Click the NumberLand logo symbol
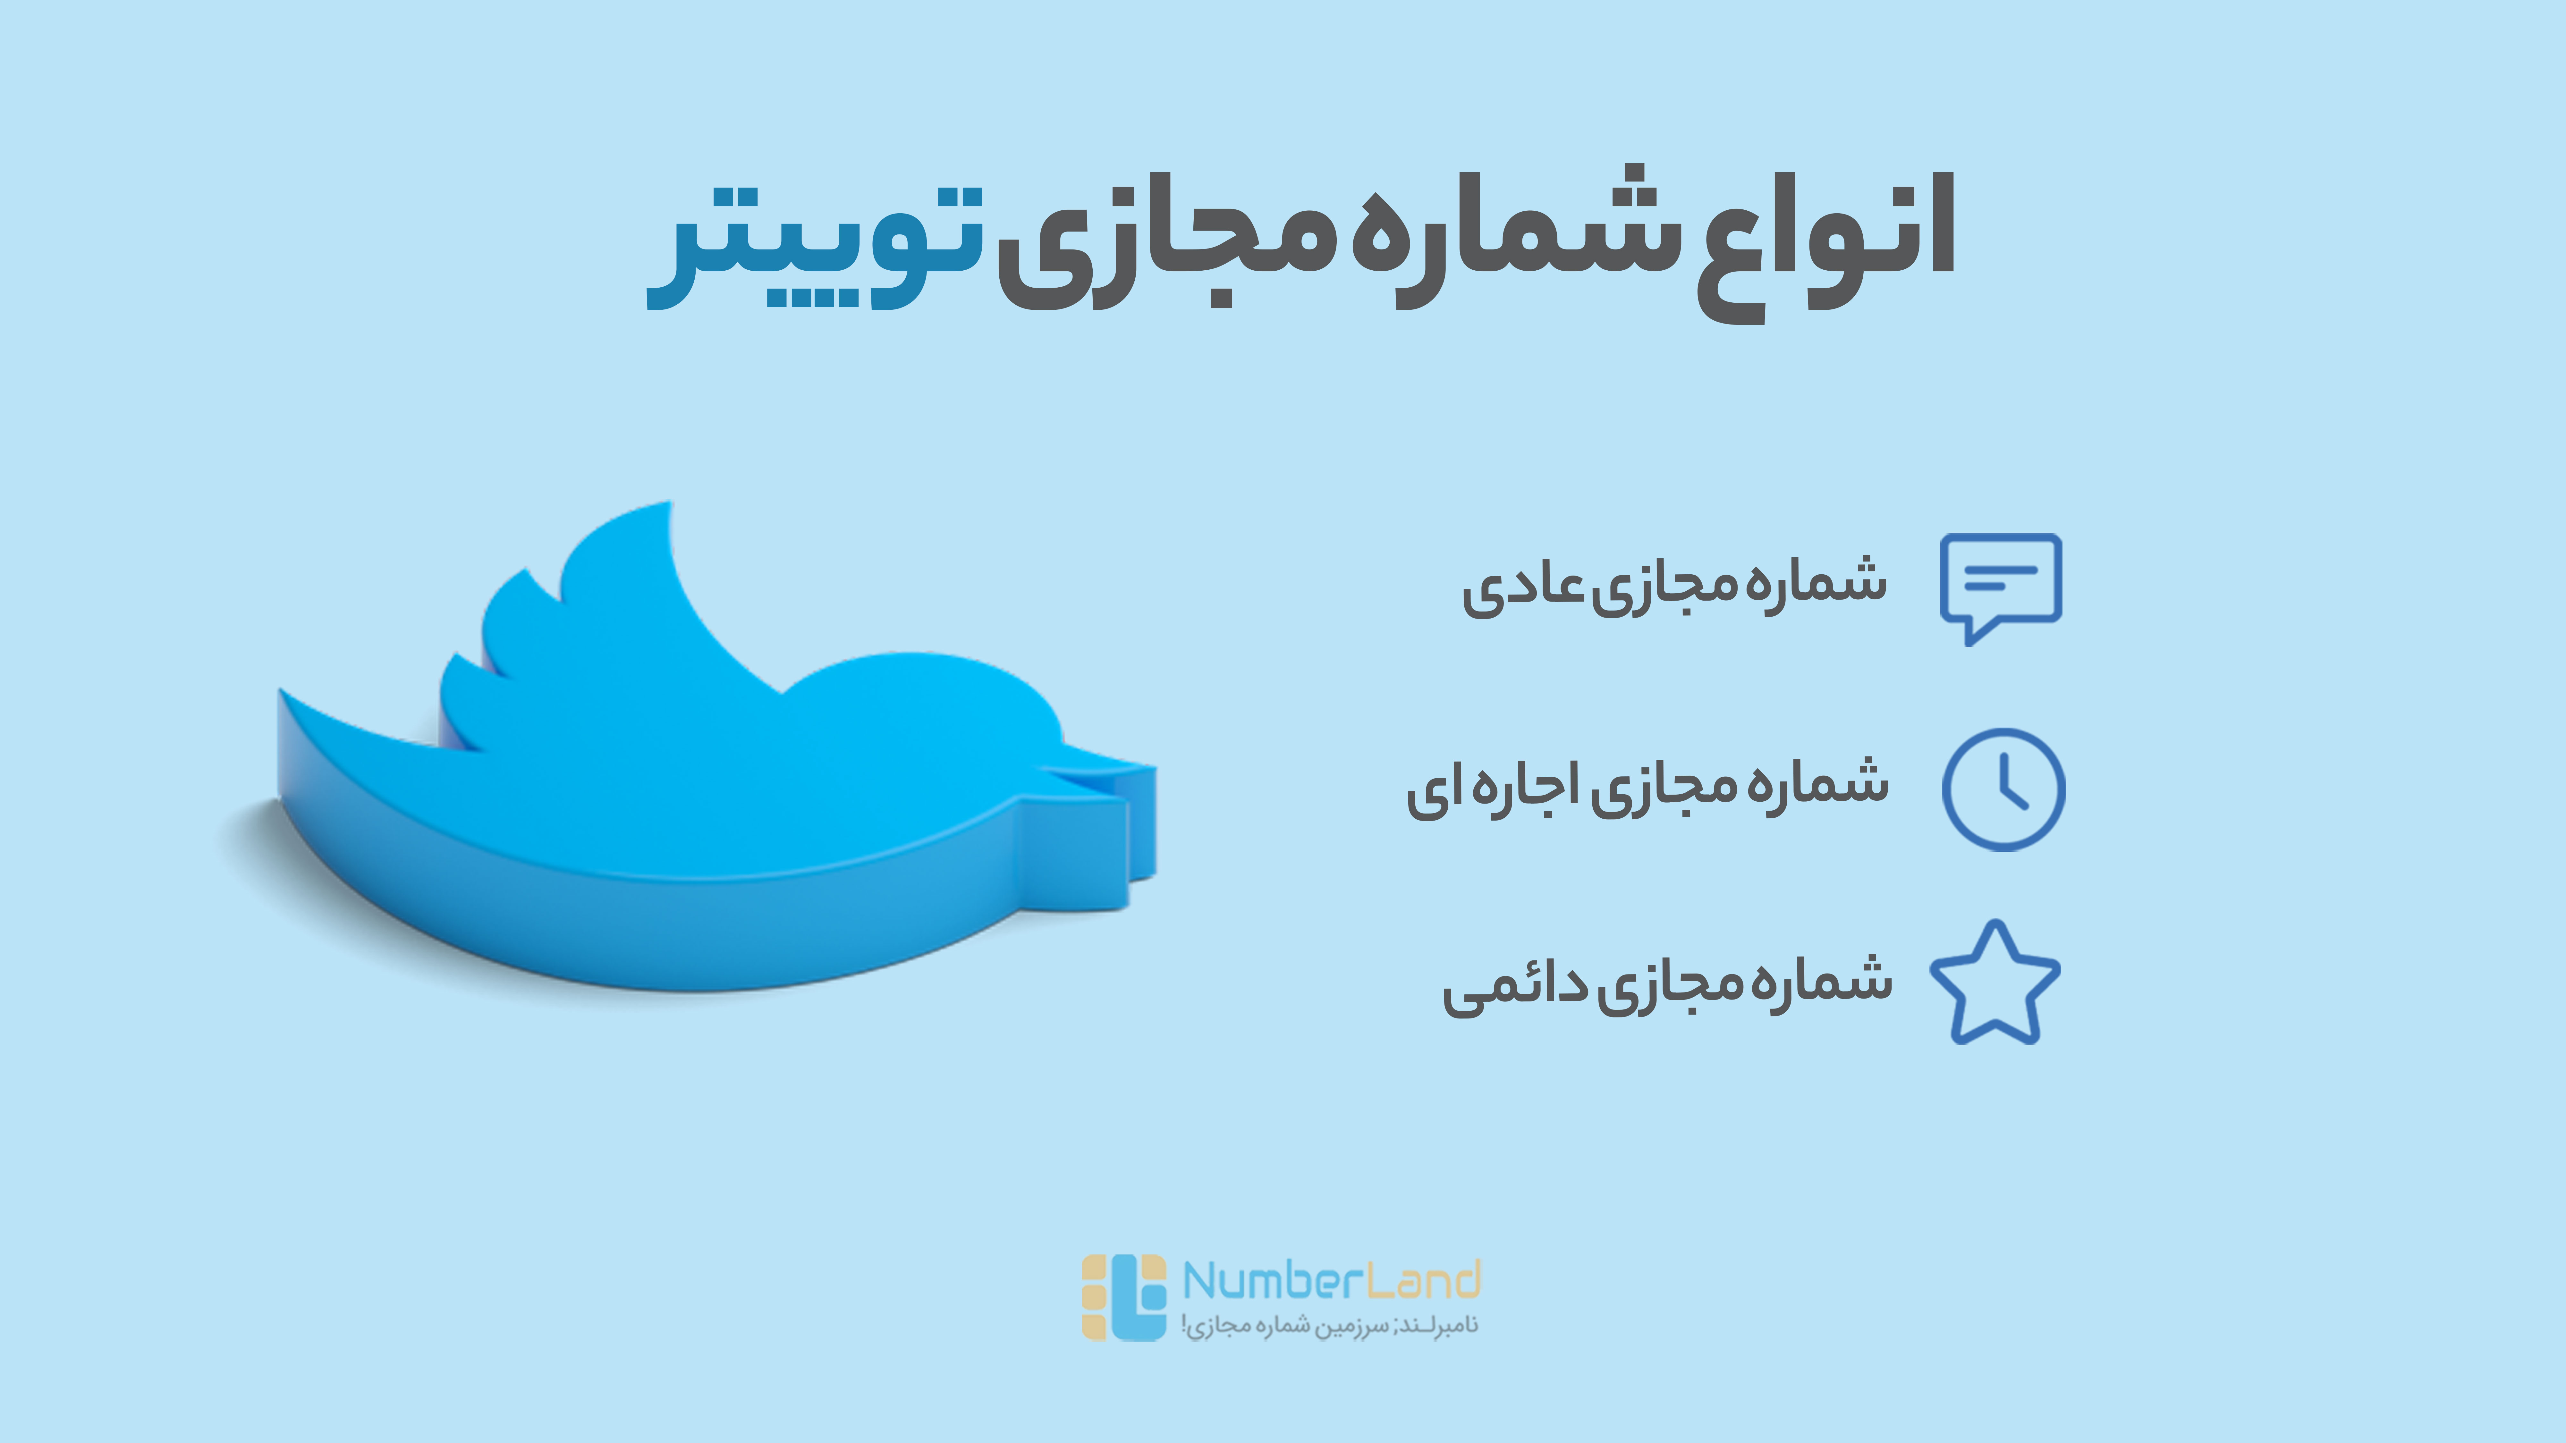tap(1124, 1296)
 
